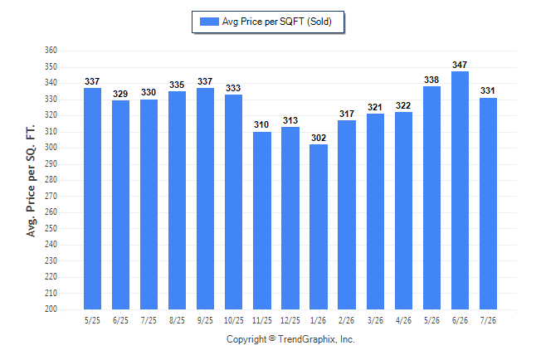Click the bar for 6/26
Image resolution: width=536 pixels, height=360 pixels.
tap(460, 191)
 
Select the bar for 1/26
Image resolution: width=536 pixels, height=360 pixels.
tap(319, 227)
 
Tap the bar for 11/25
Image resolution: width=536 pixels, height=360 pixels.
tap(262, 221)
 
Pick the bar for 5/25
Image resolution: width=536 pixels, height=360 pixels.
tap(92, 198)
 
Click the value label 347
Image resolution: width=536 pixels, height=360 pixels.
tap(460, 65)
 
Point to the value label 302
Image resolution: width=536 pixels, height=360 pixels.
tap(319, 138)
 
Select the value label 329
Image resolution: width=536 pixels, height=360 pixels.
tap(120, 94)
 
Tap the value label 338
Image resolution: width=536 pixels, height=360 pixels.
tap(431, 80)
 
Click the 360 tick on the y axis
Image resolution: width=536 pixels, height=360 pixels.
tap(51, 51)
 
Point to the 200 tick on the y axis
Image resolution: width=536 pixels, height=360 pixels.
tap(51, 309)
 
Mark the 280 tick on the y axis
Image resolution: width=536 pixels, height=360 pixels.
tap(51, 180)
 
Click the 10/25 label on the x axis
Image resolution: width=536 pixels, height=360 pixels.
tap(234, 321)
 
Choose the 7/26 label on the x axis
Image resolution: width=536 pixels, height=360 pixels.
tap(488, 321)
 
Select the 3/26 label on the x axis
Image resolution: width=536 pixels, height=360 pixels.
tap(375, 321)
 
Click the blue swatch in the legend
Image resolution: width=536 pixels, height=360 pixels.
tap(209, 22)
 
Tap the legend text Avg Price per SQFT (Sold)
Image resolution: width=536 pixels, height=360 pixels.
tap(277, 22)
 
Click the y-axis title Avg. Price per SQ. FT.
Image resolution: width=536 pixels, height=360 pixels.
tap(31, 181)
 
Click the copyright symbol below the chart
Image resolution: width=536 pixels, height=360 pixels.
tap(272, 338)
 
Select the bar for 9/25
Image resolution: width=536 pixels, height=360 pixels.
tap(205, 198)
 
